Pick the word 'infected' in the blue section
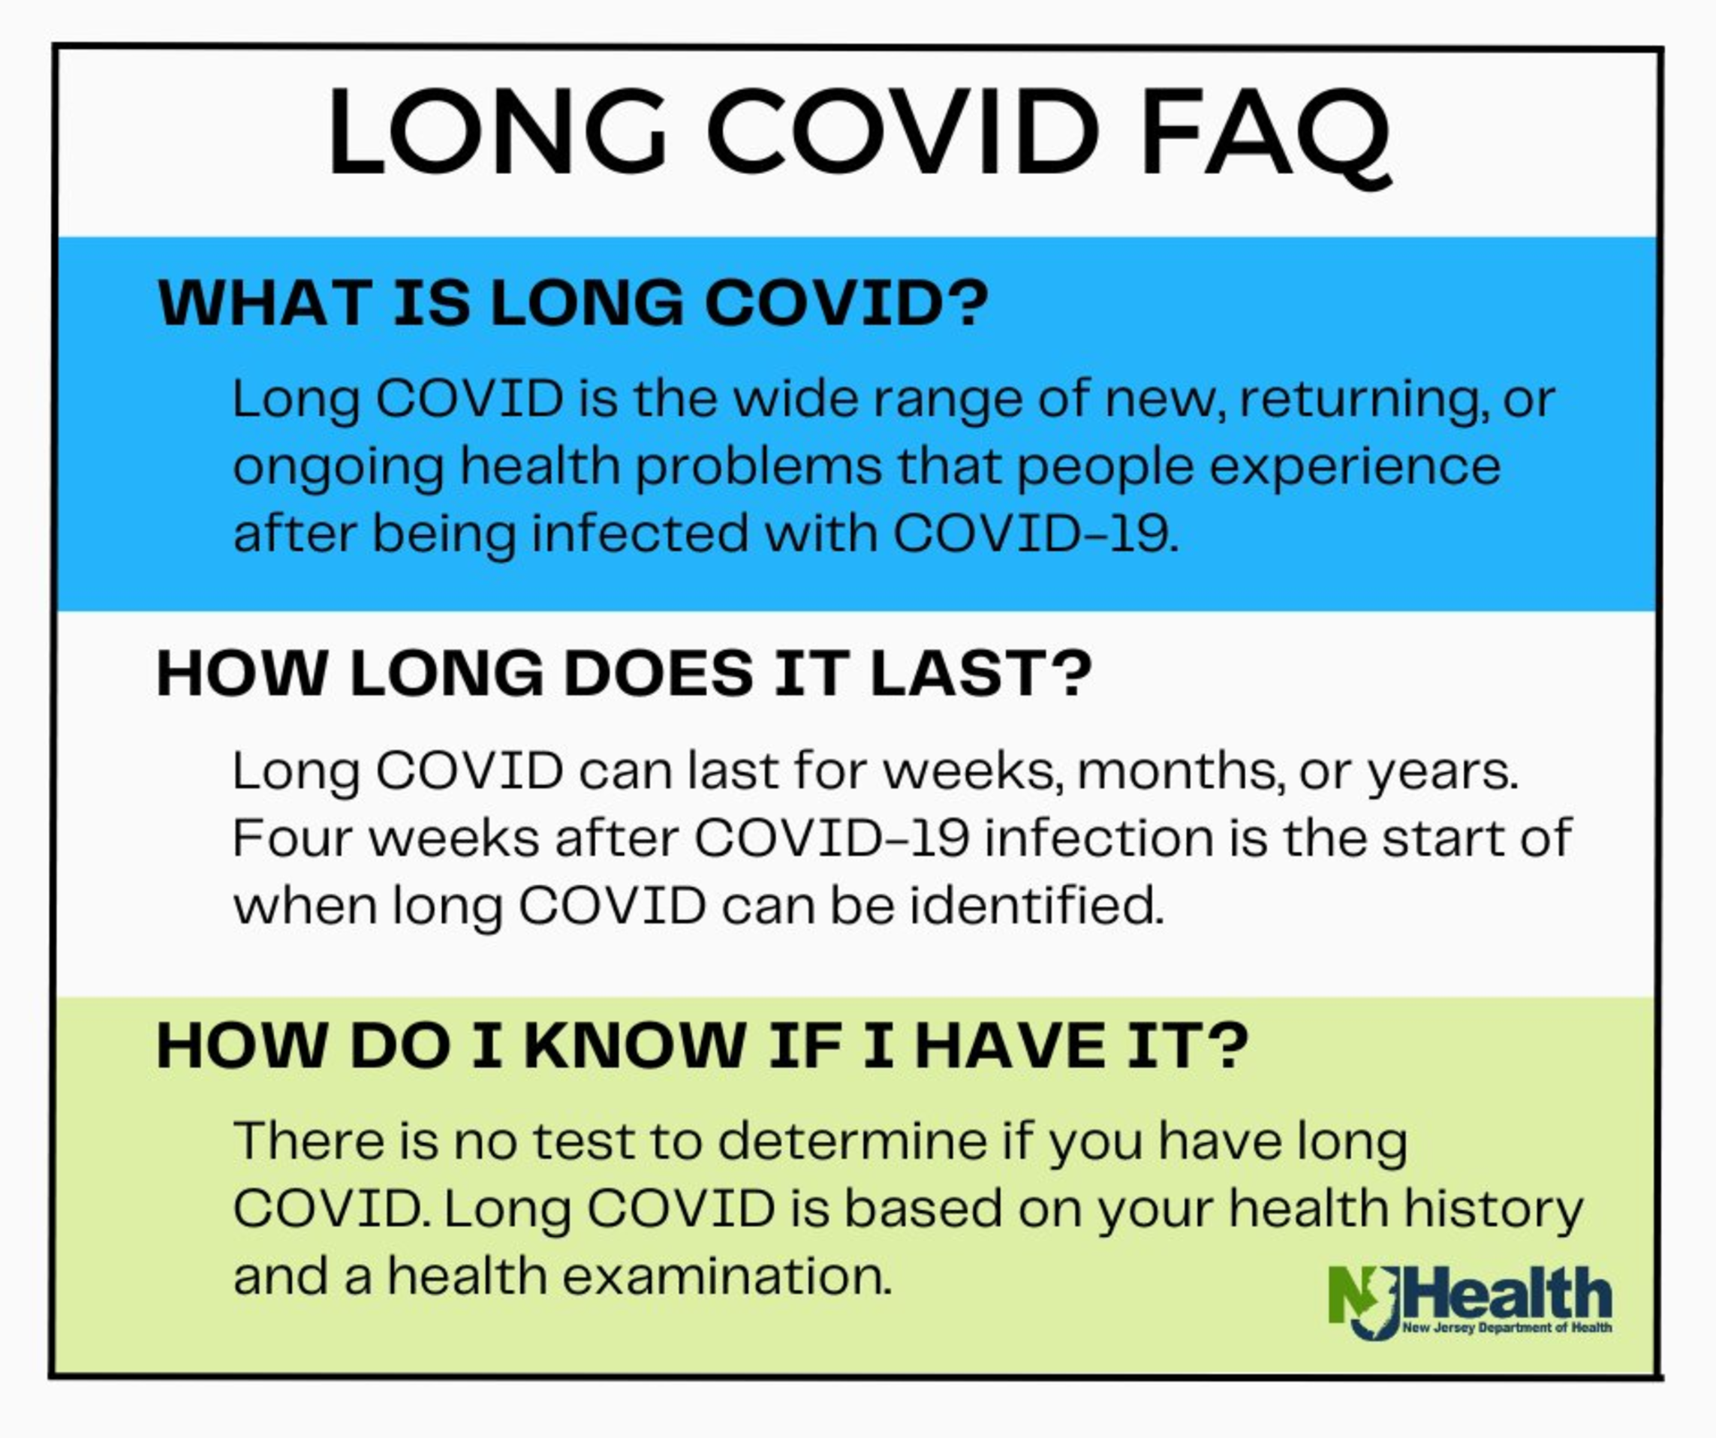(x=640, y=534)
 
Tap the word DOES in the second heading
(x=658, y=674)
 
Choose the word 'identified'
(x=1036, y=906)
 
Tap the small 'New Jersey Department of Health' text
(x=1507, y=1328)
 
